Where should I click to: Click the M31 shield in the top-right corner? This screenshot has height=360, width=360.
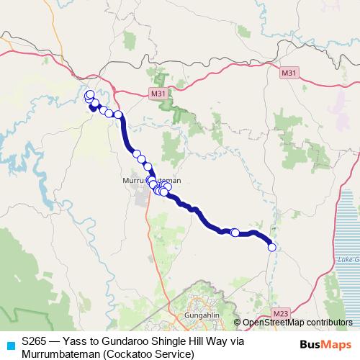click(x=289, y=73)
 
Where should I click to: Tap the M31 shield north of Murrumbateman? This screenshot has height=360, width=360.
click(x=159, y=93)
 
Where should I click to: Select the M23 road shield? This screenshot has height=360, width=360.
click(x=282, y=314)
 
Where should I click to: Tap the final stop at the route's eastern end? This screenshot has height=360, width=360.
click(x=272, y=247)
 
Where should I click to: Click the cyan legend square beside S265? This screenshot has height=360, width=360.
click(x=10, y=343)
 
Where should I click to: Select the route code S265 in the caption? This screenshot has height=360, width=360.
click(x=35, y=343)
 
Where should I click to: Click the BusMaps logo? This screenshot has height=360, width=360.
click(x=326, y=344)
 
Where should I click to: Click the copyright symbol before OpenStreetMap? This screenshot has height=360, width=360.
click(x=238, y=323)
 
